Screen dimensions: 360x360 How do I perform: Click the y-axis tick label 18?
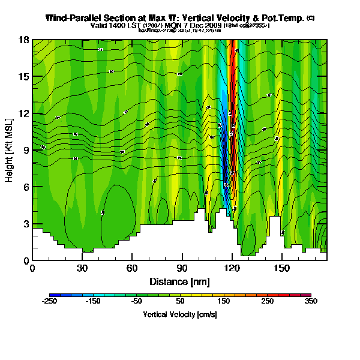coord(24,40)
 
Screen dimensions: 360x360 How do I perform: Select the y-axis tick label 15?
coord(24,77)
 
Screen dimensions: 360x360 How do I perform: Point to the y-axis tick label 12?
coord(24,113)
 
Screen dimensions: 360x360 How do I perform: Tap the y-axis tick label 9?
coord(26,151)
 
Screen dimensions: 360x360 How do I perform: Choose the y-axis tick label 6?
coord(26,187)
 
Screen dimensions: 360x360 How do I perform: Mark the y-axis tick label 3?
coord(26,224)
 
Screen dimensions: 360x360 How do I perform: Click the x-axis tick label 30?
coord(82,268)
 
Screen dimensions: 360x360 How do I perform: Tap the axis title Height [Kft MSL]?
coord(10,150)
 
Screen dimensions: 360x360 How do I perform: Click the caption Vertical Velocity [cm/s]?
coord(179,314)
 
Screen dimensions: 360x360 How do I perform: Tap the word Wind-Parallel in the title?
coord(75,18)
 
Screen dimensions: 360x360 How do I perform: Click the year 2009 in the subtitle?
coord(212,26)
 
